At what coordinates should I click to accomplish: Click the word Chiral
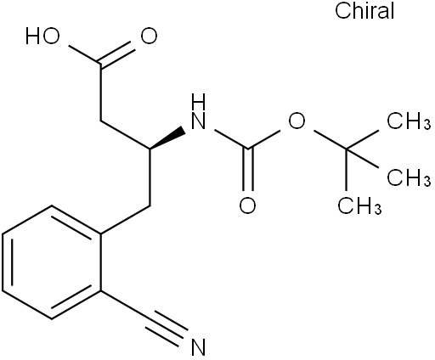(x=364, y=11)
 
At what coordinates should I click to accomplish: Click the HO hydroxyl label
(x=42, y=37)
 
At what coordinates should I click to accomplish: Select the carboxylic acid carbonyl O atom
(x=150, y=37)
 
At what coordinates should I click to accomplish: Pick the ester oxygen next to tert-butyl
(x=297, y=121)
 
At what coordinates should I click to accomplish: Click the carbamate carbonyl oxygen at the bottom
(x=247, y=205)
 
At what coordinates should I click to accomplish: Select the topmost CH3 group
(x=409, y=121)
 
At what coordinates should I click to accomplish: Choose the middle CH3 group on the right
(x=409, y=177)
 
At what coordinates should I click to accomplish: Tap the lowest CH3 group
(x=359, y=205)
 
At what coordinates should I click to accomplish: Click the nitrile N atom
(x=198, y=346)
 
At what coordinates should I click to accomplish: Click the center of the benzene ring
(x=52, y=262)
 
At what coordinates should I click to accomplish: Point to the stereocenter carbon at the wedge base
(x=150, y=149)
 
